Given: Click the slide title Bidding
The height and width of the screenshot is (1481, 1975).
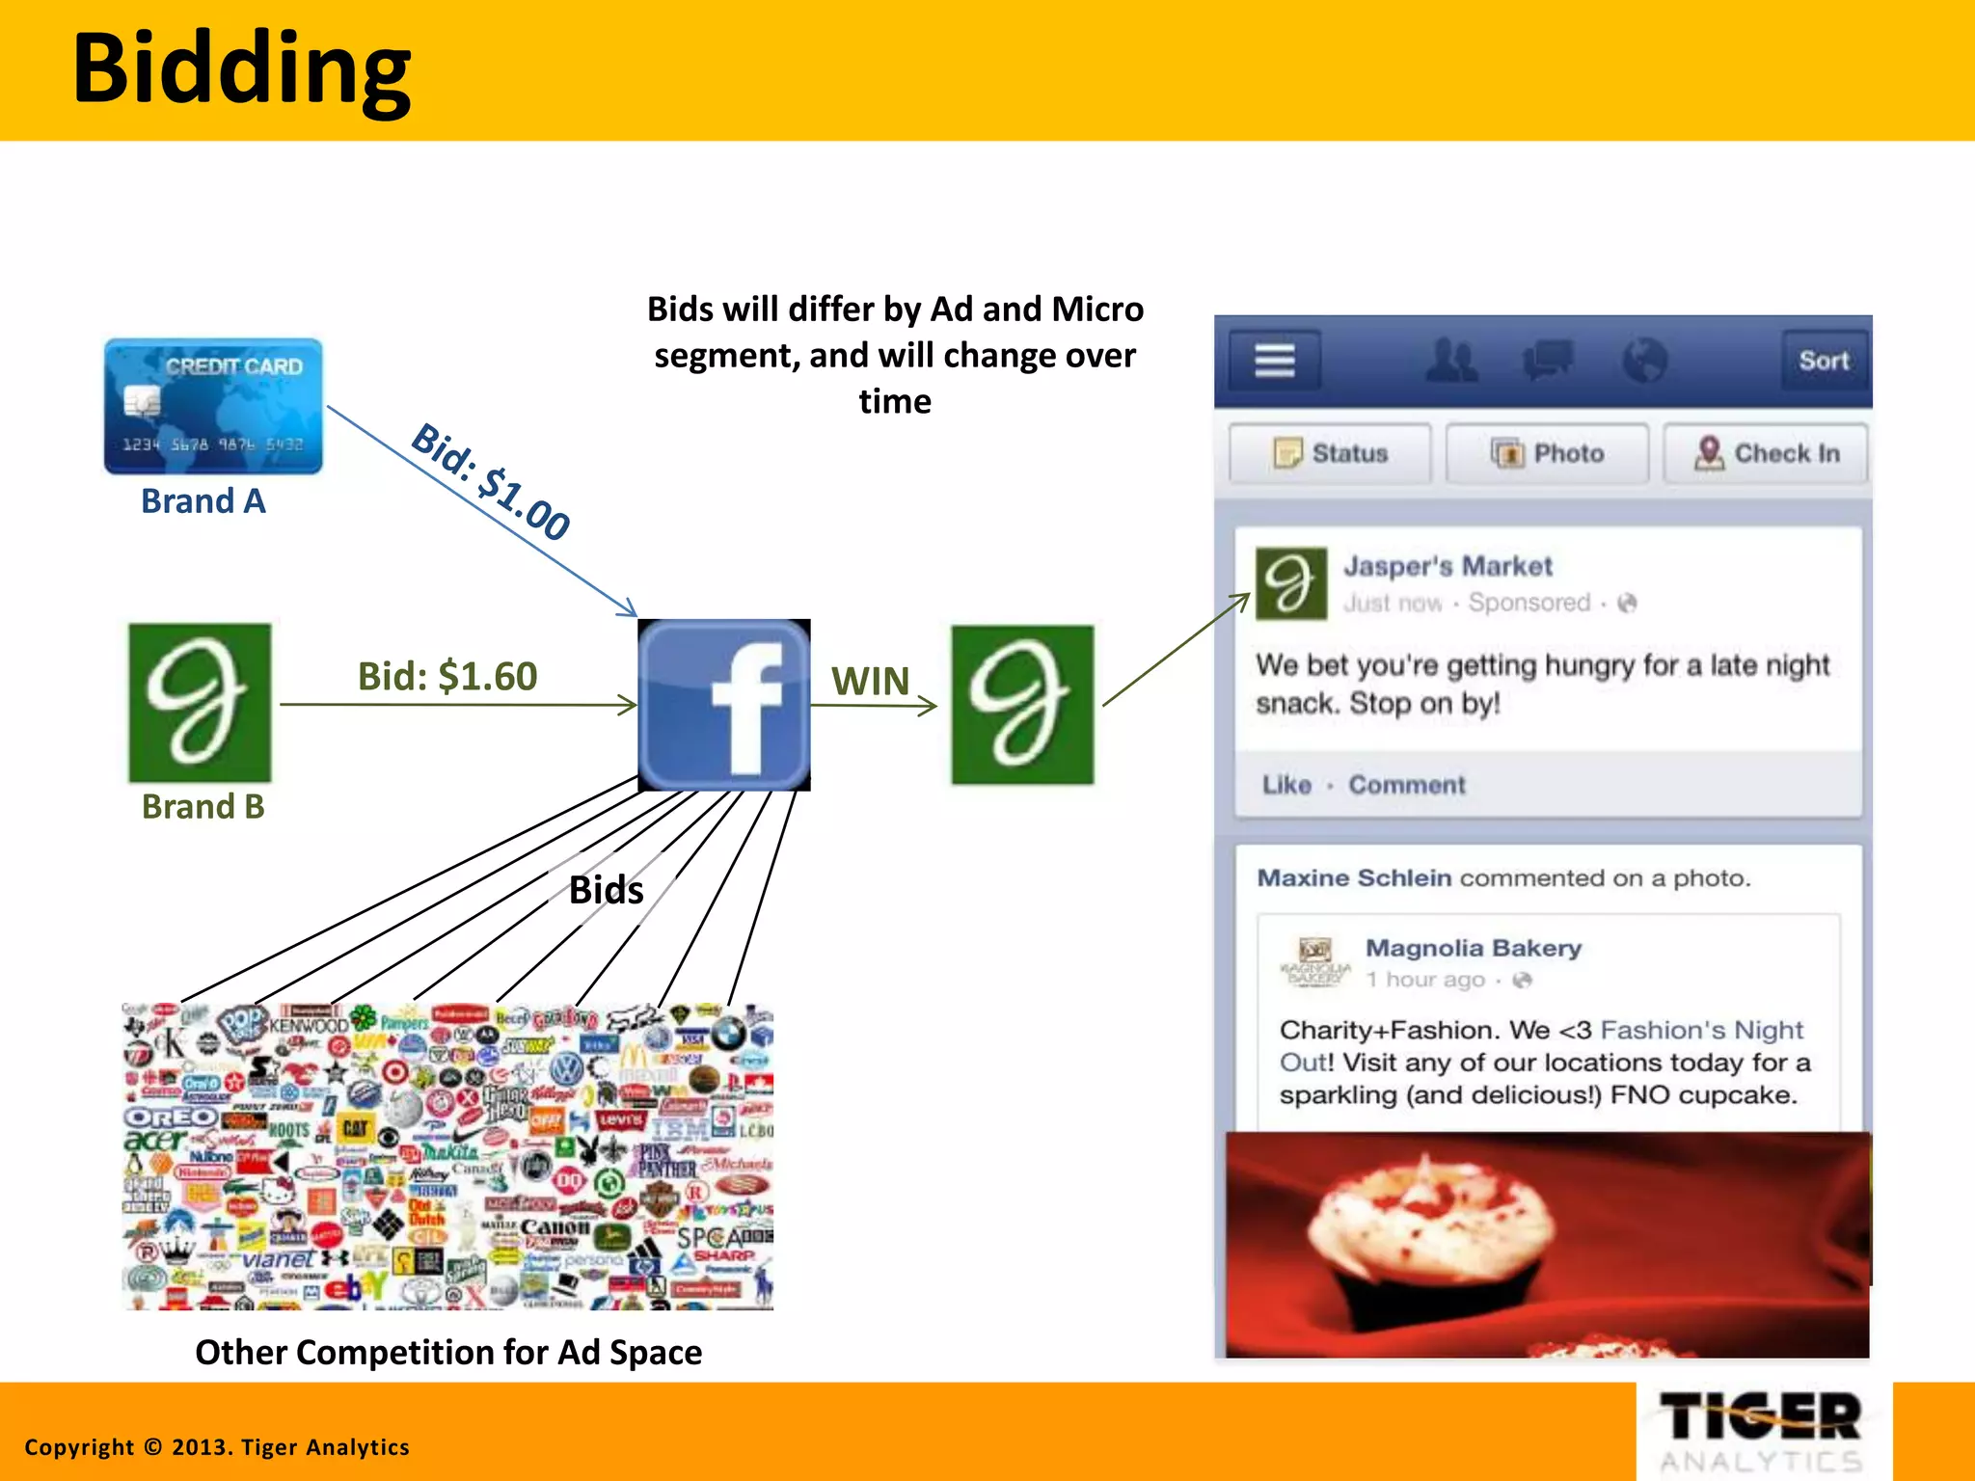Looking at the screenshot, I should tap(241, 69).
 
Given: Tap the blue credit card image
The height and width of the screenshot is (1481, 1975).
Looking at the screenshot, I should tap(213, 406).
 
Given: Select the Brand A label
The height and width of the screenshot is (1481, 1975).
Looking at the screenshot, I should tap(203, 501).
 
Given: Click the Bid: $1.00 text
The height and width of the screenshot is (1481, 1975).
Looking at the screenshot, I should tap(491, 481).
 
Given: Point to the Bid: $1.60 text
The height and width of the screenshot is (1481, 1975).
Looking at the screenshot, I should tap(447, 676).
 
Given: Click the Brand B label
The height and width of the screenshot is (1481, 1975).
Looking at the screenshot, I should tap(203, 806).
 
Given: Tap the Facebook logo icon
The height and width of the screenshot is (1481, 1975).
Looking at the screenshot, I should tap(724, 705).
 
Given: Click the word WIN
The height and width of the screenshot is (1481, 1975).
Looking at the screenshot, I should tap(870, 682).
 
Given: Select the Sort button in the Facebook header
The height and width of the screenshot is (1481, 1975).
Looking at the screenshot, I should tap(1823, 361).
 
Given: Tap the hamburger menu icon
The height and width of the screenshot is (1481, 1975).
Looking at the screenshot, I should tap(1274, 361).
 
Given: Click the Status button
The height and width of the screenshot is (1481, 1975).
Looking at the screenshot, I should tap(1331, 453).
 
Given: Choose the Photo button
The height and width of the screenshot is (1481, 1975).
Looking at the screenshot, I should tap(1548, 453).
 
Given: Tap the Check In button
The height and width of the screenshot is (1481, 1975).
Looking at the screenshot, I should tap(1766, 453).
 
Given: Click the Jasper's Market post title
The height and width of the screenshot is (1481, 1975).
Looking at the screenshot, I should tap(1447, 566).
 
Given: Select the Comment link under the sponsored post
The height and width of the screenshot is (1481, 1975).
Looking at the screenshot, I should tap(1406, 785).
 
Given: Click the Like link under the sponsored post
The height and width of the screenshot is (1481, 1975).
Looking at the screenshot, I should tap(1286, 785).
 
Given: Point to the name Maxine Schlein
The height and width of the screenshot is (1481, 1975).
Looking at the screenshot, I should tap(1354, 878).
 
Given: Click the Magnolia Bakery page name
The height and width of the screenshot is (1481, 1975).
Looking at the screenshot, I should tap(1474, 948).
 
